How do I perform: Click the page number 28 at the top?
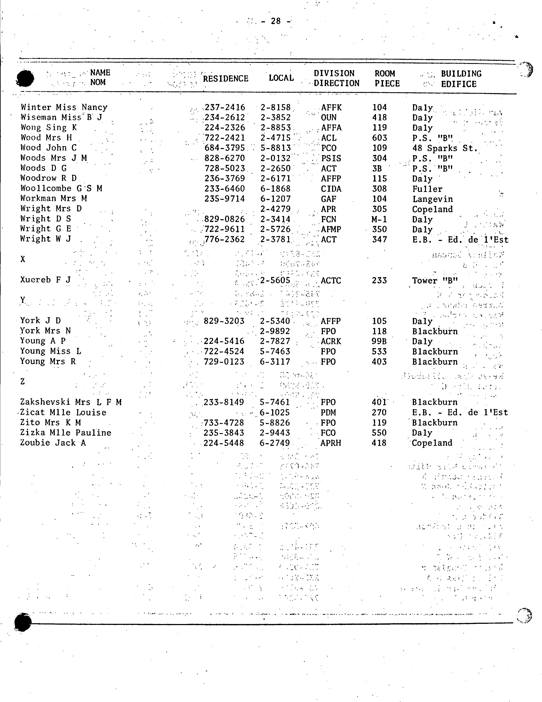[x=276, y=21]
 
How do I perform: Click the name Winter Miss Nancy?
[x=64, y=107]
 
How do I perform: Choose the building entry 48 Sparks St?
[x=445, y=148]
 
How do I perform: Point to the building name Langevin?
[x=432, y=199]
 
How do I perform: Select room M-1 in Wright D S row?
[x=379, y=219]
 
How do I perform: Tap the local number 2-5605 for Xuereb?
[x=275, y=280]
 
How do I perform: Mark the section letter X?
[x=23, y=259]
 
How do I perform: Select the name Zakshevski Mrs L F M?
[x=71, y=402]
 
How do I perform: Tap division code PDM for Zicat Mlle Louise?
[x=328, y=412]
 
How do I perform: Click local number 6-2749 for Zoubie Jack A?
[x=275, y=443]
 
